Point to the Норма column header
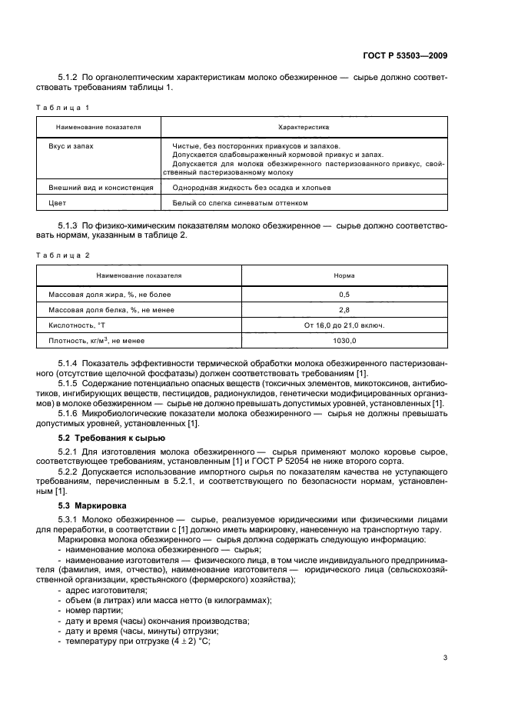click(x=344, y=275)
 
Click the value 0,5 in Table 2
click(x=344, y=295)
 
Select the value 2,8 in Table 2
click(x=344, y=309)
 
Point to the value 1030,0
click(x=344, y=339)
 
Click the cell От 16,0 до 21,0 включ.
click(x=344, y=325)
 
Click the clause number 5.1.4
click(x=72, y=362)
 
